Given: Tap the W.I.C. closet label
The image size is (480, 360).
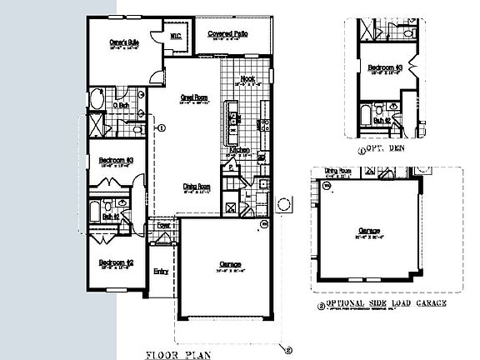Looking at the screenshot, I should [x=177, y=36].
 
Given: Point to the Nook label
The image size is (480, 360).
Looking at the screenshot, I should [x=247, y=80].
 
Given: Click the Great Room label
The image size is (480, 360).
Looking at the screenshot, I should [x=193, y=97].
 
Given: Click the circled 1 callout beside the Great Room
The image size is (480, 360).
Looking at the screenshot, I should [x=162, y=127].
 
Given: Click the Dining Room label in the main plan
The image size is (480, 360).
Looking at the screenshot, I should [x=196, y=187].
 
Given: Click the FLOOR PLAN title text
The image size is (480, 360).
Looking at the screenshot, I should [x=179, y=353].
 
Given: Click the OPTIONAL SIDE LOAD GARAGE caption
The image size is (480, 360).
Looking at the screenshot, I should [x=388, y=304].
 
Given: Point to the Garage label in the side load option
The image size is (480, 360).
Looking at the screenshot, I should [x=369, y=231].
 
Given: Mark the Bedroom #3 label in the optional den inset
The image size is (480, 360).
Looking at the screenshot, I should [x=387, y=66].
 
